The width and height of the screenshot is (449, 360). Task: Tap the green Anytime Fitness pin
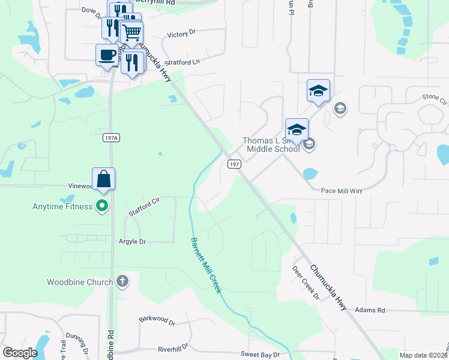102,206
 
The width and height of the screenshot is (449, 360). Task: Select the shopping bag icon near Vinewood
103,179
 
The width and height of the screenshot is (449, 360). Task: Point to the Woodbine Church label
80,282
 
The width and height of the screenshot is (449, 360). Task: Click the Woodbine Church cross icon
122,281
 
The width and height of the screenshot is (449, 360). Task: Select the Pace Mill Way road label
342,190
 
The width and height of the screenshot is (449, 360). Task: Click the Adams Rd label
369,310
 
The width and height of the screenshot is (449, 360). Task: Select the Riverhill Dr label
173,347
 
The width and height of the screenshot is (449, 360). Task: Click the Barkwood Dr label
156,321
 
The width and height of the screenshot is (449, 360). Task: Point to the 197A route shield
111,138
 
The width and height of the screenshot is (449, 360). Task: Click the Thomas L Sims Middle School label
271,145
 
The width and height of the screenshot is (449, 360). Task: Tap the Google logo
20,353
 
